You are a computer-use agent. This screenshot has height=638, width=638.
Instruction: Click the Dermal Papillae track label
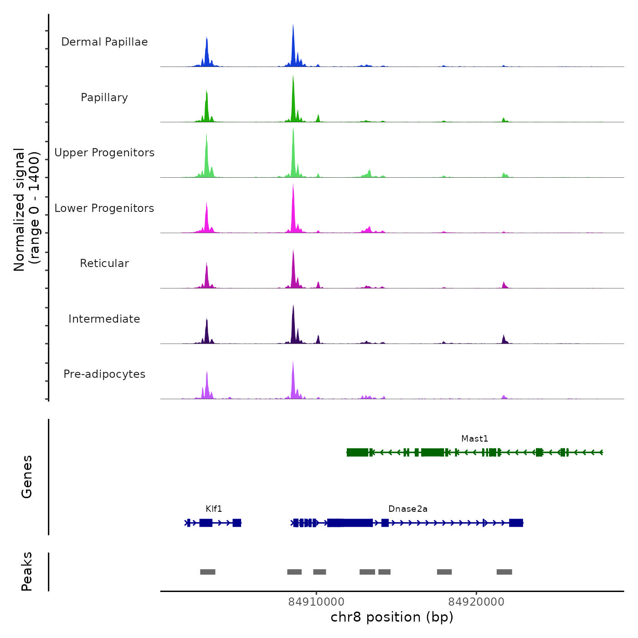104,42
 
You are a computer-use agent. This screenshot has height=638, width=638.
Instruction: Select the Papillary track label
104,98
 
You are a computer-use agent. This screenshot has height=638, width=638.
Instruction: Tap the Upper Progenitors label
104,153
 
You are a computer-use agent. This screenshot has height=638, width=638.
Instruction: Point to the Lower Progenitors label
104,208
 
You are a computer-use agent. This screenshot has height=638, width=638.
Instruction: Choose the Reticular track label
104,263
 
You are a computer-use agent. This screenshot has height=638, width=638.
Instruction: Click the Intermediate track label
104,319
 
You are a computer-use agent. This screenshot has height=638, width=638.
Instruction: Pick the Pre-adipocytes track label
104,374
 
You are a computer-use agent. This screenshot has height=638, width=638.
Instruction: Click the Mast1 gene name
474,438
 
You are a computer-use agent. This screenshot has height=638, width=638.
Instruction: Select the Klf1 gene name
214,509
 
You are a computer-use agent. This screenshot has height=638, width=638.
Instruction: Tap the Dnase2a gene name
408,509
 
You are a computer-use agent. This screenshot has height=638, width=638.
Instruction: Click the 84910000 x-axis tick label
317,602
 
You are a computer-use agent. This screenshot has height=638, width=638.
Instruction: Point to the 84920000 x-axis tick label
476,602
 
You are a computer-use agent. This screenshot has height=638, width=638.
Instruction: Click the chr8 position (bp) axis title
392,617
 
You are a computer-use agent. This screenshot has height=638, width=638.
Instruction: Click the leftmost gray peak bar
208,572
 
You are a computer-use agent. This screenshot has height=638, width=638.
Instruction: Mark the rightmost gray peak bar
504,572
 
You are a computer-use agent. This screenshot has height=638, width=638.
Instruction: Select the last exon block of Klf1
237,523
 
